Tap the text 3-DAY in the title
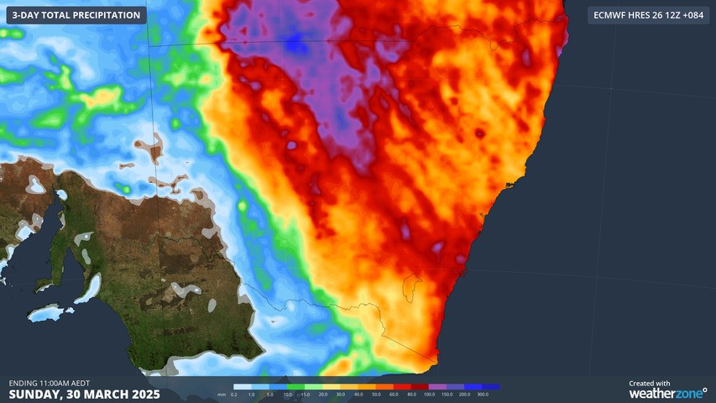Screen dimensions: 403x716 click(x=28, y=15)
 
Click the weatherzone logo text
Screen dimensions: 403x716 click(x=667, y=393)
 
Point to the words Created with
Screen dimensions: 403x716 click(x=650, y=383)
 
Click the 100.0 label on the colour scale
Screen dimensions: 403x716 click(x=429, y=394)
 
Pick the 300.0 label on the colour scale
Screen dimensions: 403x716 click(x=483, y=394)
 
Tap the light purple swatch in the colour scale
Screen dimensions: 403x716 click(x=437, y=387)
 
